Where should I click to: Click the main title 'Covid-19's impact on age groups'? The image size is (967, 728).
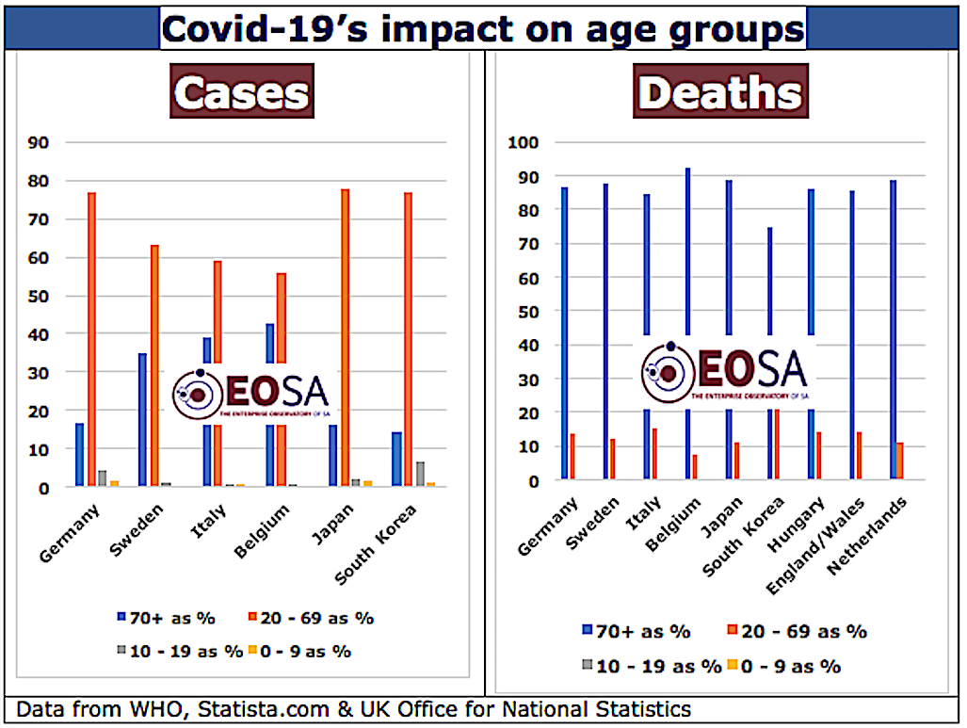tap(483, 28)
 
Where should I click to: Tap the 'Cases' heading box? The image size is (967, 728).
tap(243, 92)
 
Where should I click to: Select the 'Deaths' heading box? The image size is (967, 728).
tap(719, 92)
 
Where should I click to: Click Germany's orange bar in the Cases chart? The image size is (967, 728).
tap(92, 339)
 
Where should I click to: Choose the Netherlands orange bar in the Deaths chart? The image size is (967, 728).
tap(899, 461)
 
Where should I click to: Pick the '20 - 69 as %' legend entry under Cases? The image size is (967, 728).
tap(316, 618)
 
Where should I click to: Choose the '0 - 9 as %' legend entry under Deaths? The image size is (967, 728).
tap(787, 666)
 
